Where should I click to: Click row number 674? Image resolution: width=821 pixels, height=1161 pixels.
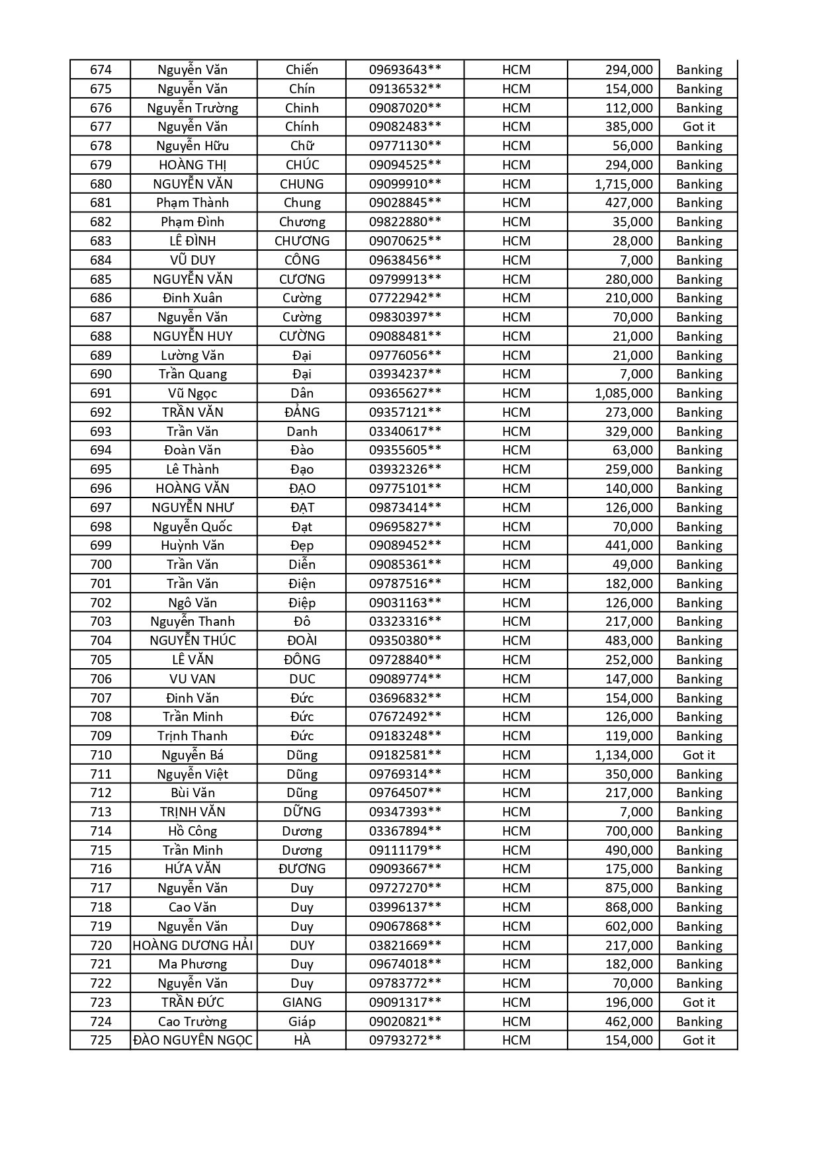pos(101,69)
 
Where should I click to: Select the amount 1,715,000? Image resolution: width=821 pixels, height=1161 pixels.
pos(623,184)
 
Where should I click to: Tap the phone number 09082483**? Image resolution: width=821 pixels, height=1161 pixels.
pos(405,126)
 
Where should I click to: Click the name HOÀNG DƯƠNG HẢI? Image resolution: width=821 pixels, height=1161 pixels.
pos(193,945)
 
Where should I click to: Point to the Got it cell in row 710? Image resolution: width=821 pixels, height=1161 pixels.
pos(699,755)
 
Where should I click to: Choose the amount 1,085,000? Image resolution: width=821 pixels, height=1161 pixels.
pos(623,393)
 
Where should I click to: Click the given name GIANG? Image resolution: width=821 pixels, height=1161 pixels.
pos(302,1002)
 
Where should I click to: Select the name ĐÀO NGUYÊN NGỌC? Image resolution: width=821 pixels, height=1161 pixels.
pos(193,1040)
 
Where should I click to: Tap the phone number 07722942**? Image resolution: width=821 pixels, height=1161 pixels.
pos(405,298)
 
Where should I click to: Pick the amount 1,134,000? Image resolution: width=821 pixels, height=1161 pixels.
pos(623,755)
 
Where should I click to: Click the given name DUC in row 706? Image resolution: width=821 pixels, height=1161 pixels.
pos(302,679)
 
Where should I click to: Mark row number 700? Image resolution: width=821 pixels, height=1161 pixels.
pos(101,564)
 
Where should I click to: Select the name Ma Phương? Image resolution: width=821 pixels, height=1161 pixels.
pos(193,964)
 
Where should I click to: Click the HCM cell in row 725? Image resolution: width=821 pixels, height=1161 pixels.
pos(516,1040)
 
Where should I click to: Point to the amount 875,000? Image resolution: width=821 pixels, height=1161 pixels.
pos(628,888)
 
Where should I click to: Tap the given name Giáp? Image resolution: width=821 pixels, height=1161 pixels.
pos(302,1021)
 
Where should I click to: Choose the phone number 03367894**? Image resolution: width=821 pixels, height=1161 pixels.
pos(405,831)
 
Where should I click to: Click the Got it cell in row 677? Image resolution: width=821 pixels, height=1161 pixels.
pos(699,126)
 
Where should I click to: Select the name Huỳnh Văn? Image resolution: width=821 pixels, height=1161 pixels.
pos(193,545)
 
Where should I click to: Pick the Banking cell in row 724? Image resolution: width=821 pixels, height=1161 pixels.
pos(699,1021)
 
